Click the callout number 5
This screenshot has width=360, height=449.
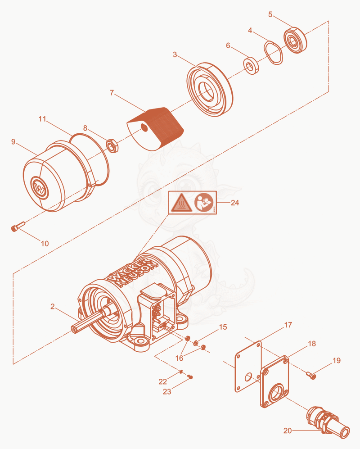[x=270, y=14]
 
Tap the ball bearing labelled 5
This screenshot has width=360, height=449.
[x=295, y=40]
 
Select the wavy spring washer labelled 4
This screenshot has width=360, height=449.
[x=273, y=53]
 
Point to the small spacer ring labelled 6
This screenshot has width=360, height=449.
[x=251, y=66]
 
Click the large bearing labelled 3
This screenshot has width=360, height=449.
[x=209, y=89]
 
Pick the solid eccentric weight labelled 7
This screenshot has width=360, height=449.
[x=155, y=129]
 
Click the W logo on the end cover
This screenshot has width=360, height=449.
[x=39, y=187]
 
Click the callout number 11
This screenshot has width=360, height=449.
[x=42, y=119]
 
